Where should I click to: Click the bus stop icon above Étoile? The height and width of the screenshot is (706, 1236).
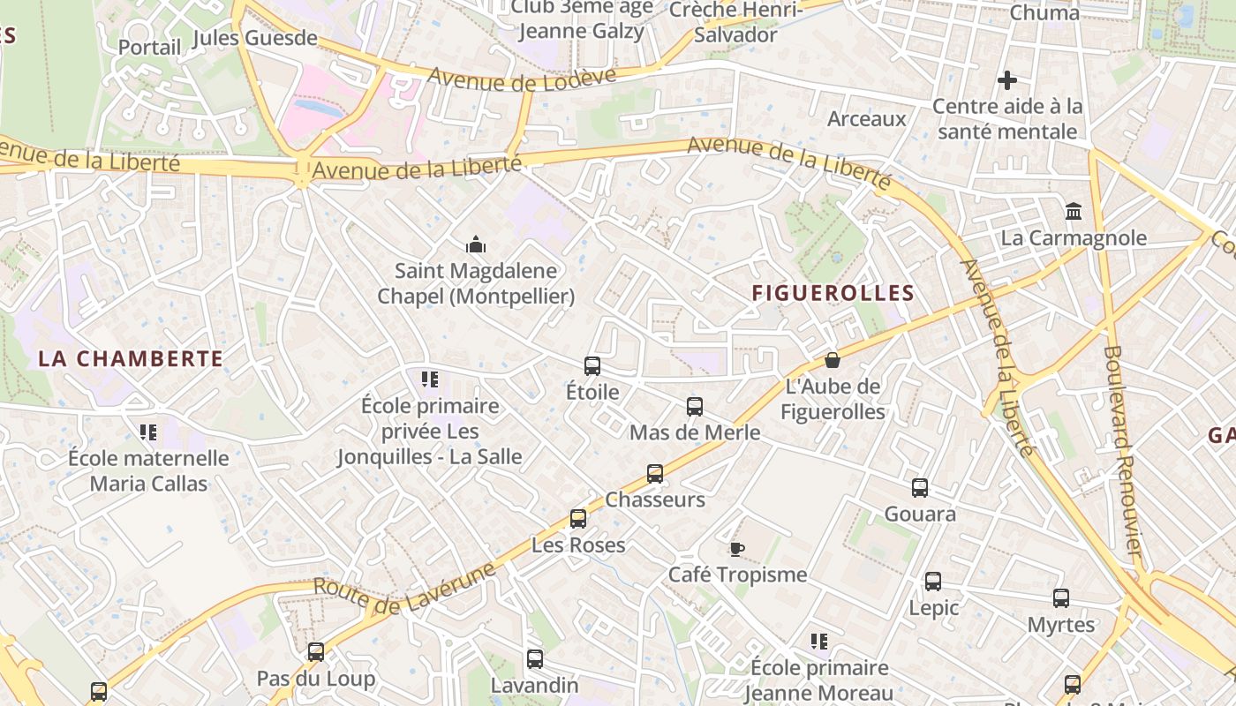592,365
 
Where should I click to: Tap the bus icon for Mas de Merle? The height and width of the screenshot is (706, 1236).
695,407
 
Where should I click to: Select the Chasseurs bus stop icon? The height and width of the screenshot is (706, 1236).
655,474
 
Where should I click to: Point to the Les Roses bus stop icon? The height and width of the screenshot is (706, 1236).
578,519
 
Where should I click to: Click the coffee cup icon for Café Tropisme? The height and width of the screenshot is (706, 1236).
737,549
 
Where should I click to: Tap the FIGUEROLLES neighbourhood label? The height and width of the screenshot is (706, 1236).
833,293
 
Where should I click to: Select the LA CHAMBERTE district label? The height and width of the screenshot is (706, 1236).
131,358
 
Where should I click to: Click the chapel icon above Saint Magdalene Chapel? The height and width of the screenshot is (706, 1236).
476,244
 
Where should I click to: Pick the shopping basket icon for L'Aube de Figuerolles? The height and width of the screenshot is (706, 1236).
832,360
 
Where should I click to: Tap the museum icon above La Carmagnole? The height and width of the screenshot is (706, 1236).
1074,212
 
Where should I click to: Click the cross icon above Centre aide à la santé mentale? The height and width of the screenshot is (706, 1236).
1007,80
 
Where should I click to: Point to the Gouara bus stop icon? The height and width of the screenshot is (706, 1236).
920,488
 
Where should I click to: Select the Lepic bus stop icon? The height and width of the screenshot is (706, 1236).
933,582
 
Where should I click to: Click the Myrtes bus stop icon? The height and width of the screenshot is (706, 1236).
1061,598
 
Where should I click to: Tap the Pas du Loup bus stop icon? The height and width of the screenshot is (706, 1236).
316,652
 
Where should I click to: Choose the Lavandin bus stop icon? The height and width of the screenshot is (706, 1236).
535,659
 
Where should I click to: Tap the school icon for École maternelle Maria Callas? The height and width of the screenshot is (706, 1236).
148,432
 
